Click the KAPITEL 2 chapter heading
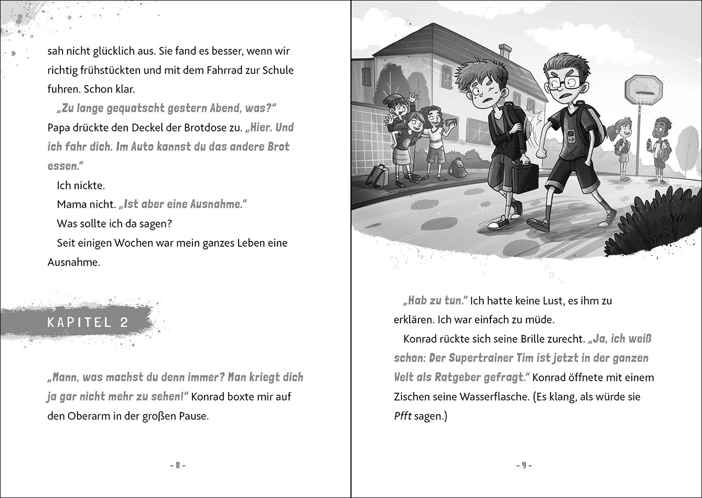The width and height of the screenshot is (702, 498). click(x=88, y=322)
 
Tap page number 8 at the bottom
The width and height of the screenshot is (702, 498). click(x=178, y=465)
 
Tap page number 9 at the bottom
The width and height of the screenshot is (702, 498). click(x=524, y=465)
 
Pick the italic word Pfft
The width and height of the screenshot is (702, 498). click(x=402, y=416)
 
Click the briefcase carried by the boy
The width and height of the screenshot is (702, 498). click(x=525, y=179)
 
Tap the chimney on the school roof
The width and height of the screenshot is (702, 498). click(x=505, y=52)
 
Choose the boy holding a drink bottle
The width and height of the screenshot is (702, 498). click(x=660, y=148)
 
